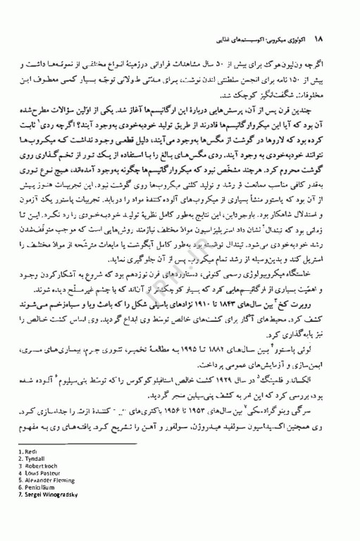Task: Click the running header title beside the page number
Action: (x=260, y=35)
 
